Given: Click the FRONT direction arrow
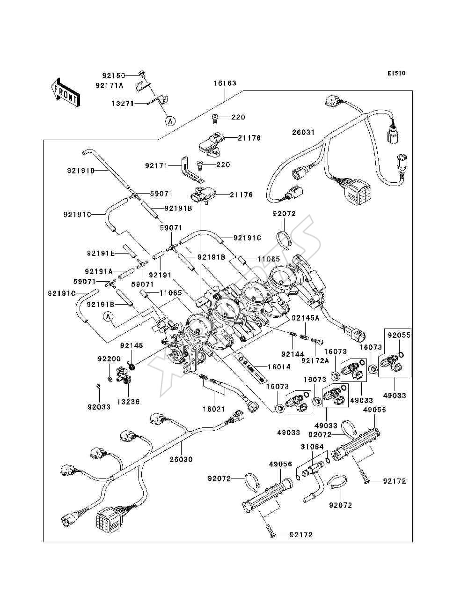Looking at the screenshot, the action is (66, 93).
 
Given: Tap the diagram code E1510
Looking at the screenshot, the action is (396, 74).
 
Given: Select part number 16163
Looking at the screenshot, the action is (225, 83).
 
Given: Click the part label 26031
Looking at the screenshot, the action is (303, 132).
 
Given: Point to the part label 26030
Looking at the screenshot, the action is (181, 459).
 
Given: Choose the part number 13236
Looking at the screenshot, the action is (128, 402).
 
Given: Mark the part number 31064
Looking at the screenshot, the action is (312, 447).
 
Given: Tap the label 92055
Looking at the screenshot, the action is (399, 335).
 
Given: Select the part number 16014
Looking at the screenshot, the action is (279, 366).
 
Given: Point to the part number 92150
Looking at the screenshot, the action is (114, 75).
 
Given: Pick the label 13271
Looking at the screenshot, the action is (123, 103).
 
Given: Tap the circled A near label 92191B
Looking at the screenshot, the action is (109, 317).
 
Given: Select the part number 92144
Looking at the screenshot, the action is (292, 354).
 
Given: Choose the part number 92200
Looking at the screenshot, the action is (109, 359).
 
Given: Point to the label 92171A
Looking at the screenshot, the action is (110, 85).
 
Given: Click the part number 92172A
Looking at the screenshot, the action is (315, 361).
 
